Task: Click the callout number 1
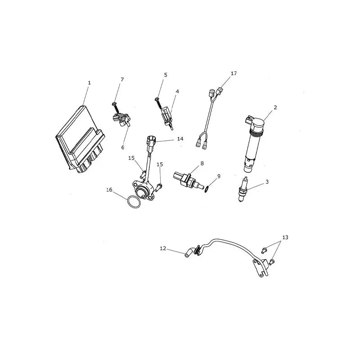click(89, 83)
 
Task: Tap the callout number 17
click(234, 73)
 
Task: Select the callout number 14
click(180, 139)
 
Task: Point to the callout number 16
click(109, 190)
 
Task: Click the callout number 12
click(163, 248)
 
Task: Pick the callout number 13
click(285, 238)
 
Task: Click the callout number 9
click(219, 176)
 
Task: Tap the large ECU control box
click(80, 139)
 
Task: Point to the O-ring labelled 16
click(134, 202)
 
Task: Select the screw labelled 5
click(158, 103)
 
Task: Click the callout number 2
click(275, 108)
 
